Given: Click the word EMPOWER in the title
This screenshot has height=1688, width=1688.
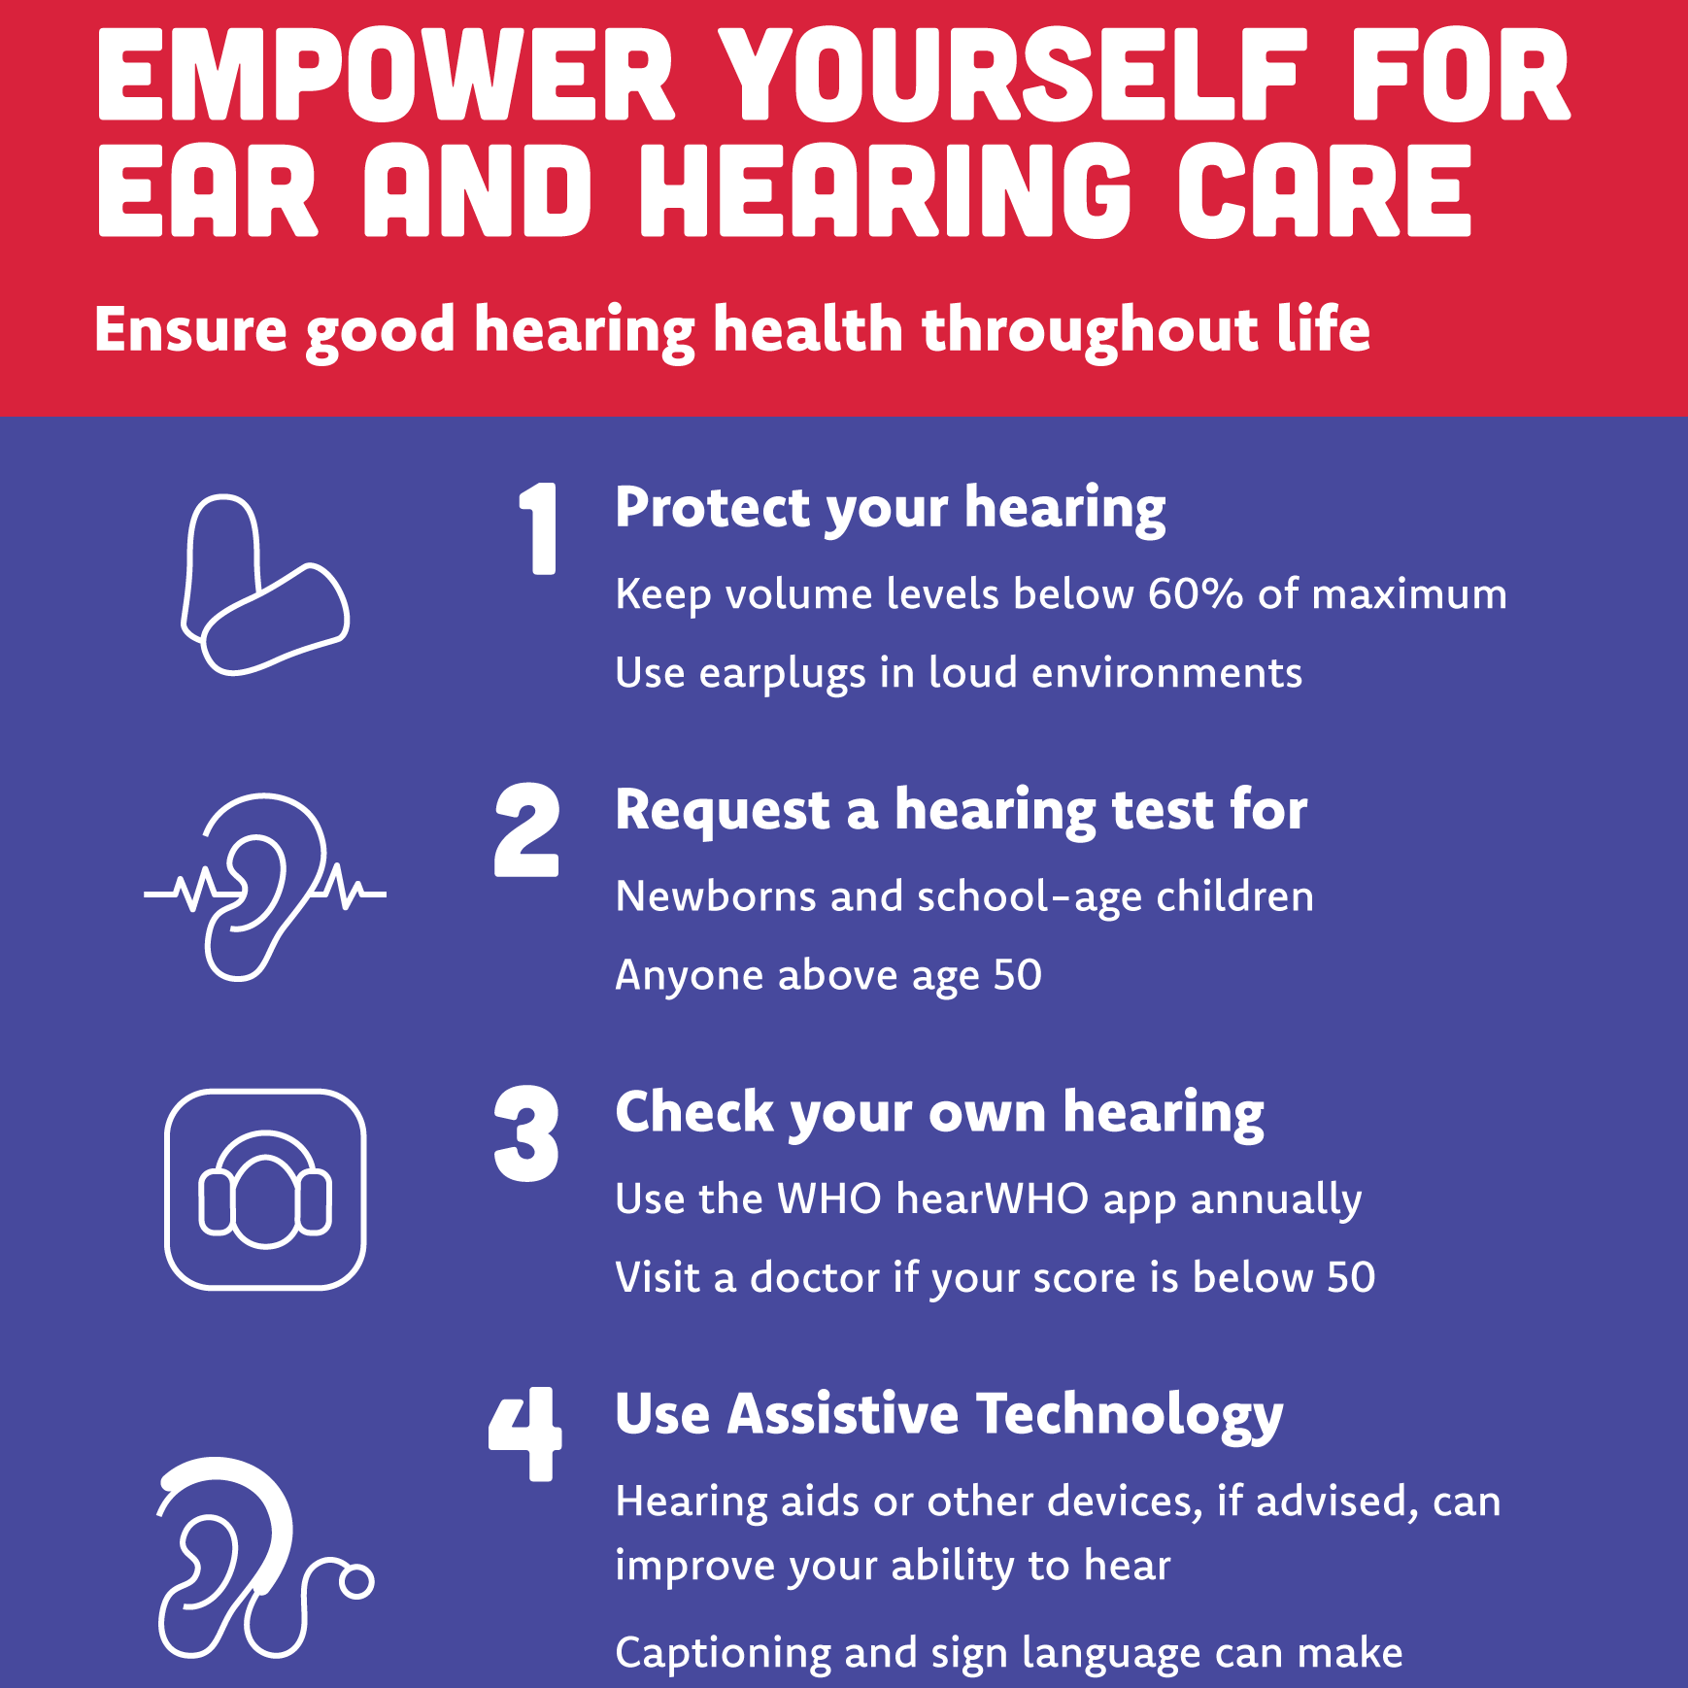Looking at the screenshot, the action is (x=386, y=75).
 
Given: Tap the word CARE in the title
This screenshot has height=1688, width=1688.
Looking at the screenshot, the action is (x=1325, y=191).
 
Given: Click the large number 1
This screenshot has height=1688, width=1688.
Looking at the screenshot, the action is (x=539, y=528).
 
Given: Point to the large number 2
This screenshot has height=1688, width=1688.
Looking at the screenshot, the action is (x=527, y=830).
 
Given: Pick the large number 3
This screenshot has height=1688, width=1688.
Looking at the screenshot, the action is (x=527, y=1133).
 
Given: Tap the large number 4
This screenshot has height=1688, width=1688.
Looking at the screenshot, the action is (x=525, y=1434).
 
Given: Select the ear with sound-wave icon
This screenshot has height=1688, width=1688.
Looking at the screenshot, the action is (x=264, y=887).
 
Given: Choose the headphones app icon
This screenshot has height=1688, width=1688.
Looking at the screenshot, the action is (x=265, y=1190).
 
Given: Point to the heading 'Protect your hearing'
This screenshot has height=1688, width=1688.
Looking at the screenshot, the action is (x=891, y=510).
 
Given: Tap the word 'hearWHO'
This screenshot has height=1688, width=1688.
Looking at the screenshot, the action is (x=992, y=1198).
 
